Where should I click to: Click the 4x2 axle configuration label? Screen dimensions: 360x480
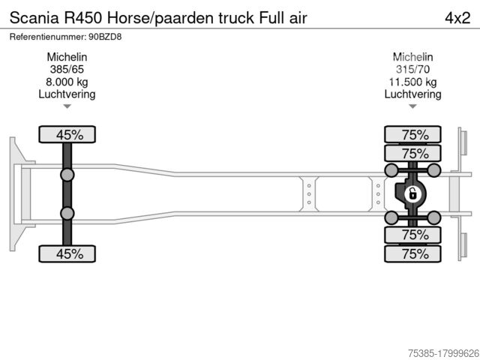458,16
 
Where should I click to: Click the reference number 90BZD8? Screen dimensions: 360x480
107,36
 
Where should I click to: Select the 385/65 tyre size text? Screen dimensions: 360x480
67,70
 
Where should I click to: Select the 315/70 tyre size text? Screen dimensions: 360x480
412,70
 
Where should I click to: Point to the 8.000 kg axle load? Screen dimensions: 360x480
67,82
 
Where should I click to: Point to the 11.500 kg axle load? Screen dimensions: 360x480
412,82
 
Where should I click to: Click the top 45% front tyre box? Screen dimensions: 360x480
67,135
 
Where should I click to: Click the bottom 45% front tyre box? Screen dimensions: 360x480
67,253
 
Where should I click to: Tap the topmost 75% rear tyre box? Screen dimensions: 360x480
412,135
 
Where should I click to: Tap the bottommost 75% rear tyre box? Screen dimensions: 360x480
412,253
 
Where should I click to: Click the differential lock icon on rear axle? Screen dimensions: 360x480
412,194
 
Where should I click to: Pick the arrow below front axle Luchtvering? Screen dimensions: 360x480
67,106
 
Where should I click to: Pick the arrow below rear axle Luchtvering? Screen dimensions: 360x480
412,106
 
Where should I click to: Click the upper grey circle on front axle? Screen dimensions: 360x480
67,175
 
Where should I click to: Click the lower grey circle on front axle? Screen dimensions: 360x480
67,214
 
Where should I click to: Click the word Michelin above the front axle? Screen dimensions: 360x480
67,57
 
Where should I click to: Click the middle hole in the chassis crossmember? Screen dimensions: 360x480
309,194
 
